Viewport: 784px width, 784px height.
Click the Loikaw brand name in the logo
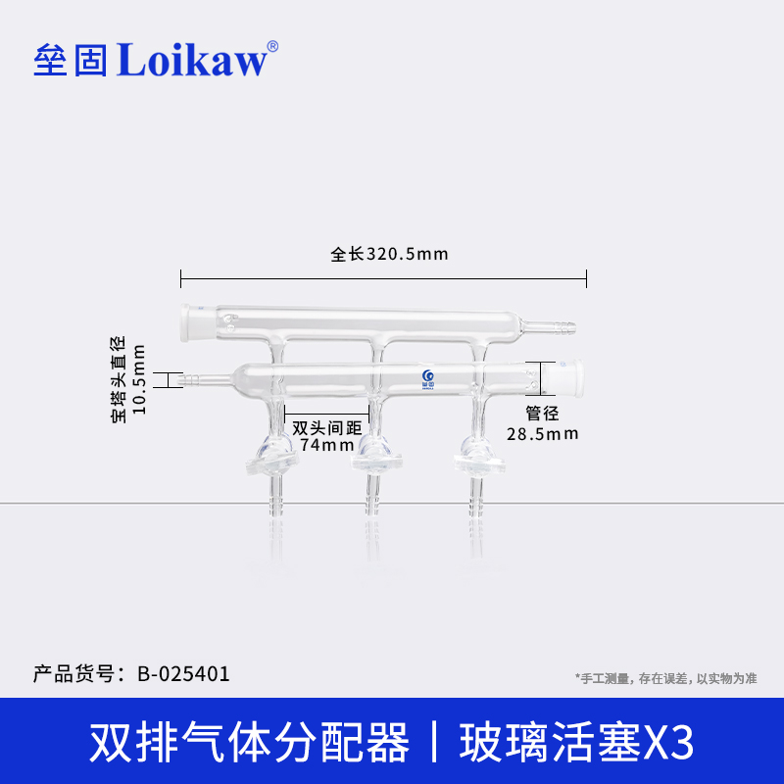click(191, 60)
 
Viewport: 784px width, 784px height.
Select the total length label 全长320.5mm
click(389, 255)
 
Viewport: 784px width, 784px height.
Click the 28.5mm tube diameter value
click(542, 433)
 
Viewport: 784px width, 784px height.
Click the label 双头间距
click(326, 428)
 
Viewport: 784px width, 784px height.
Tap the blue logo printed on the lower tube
click(426, 378)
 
